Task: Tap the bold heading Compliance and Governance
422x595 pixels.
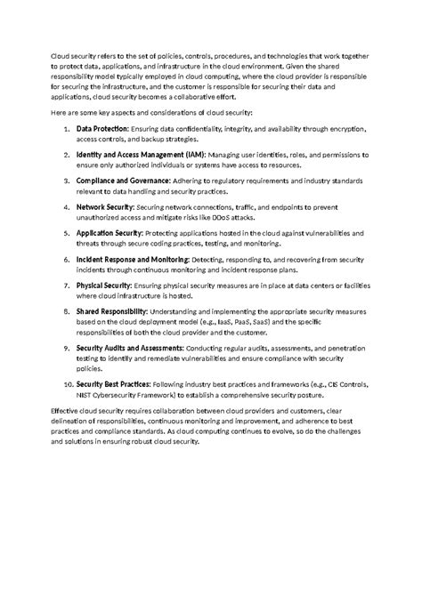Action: pyautogui.click(x=123, y=181)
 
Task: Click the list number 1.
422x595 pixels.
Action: pyautogui.click(x=68, y=130)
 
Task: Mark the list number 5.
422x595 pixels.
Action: pyautogui.click(x=68, y=232)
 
